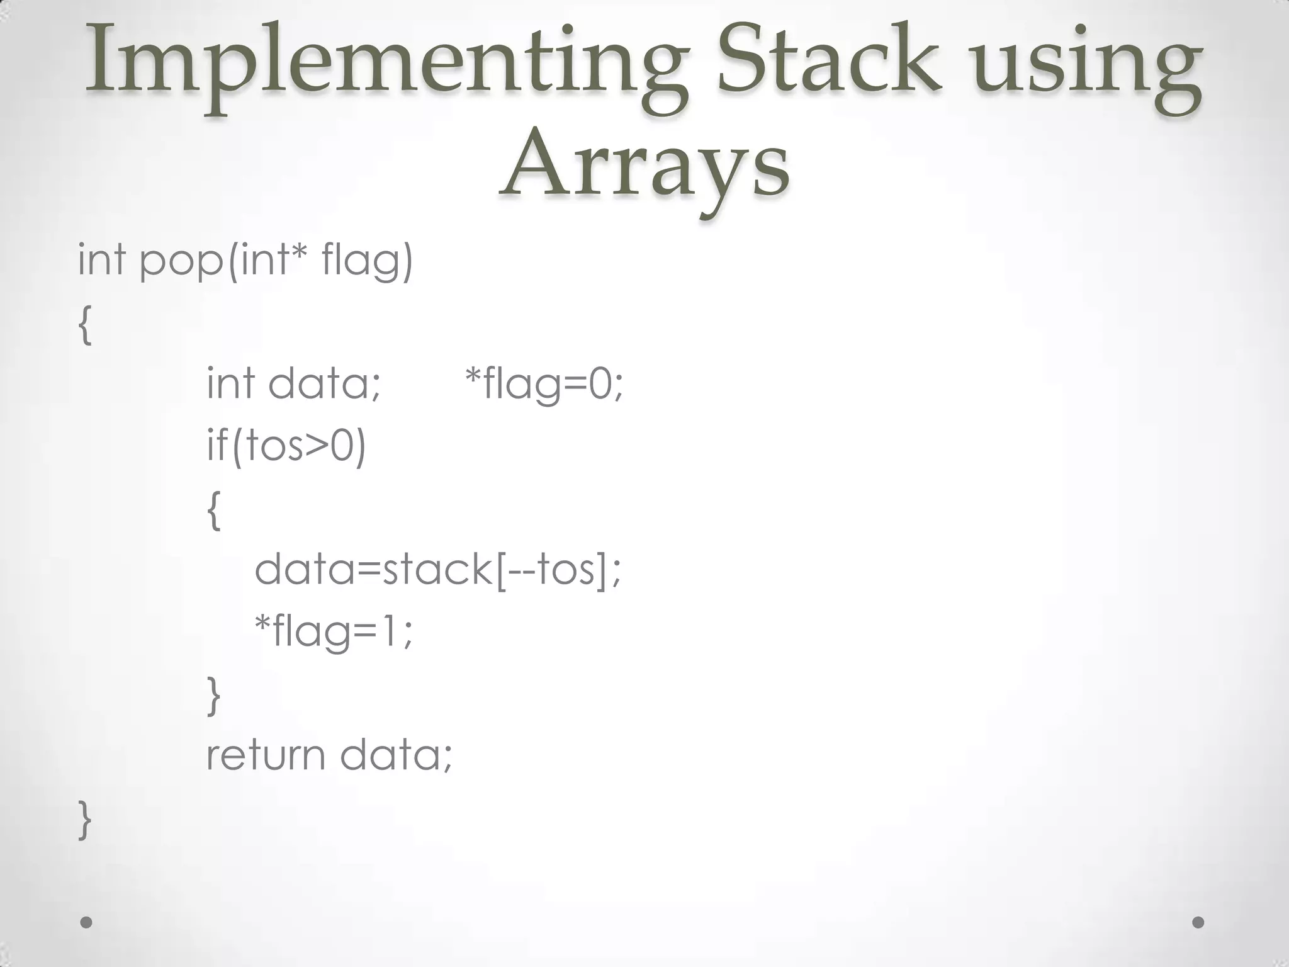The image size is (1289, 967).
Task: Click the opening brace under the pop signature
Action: pos(86,325)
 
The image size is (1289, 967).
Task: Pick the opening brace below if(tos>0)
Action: pos(214,510)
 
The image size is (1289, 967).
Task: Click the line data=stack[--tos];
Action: pos(437,569)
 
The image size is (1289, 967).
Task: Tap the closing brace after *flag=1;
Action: pos(214,696)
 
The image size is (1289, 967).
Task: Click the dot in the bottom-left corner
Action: pos(87,922)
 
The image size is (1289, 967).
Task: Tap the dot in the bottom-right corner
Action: pos(1198,922)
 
